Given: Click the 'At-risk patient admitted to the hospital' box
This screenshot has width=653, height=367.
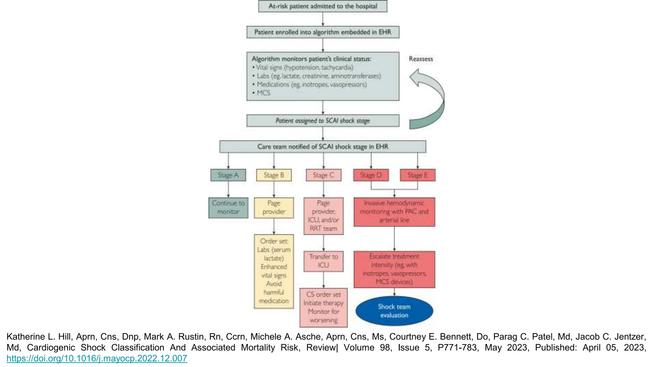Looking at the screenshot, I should [x=323, y=6].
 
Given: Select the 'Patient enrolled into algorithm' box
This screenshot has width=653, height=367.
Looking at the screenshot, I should [x=323, y=32].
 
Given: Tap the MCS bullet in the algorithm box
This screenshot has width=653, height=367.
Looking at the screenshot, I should [x=263, y=93].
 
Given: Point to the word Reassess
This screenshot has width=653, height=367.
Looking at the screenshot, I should [x=421, y=59].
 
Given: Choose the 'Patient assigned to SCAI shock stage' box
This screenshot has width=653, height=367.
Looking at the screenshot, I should [x=323, y=121].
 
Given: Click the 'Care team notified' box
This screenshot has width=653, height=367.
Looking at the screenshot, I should [x=323, y=147].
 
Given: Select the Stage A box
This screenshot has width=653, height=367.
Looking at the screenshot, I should [x=228, y=175].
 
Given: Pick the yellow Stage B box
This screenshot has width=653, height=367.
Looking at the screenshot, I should [x=274, y=175].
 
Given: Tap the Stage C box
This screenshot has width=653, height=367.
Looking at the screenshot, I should [x=323, y=175].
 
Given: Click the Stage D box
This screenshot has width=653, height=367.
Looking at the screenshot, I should [x=371, y=175].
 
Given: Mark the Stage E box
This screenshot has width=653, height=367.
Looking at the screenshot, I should [x=417, y=175].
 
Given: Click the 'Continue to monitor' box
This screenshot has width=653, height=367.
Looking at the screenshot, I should [x=228, y=208].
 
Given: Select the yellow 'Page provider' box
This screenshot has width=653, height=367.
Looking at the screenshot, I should [x=274, y=208].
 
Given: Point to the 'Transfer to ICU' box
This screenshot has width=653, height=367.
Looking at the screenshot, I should [x=323, y=261].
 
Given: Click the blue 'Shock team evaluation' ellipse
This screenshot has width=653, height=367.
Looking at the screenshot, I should [x=394, y=311].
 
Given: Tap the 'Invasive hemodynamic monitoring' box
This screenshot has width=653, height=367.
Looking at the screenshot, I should [x=394, y=212].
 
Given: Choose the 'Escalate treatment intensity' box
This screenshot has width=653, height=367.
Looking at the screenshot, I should [x=394, y=269].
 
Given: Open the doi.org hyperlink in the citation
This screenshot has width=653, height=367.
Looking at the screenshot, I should [x=97, y=358].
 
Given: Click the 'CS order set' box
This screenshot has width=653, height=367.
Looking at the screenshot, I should [x=323, y=307].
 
